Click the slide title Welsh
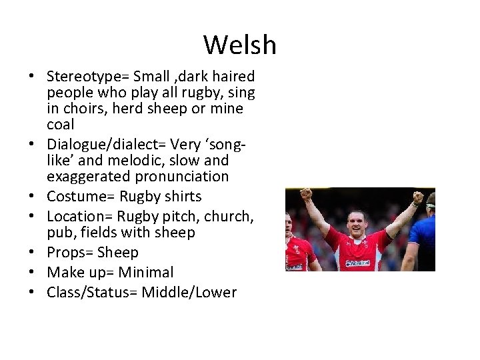click(239, 45)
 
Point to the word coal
click(60, 125)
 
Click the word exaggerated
click(89, 177)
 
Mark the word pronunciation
click(181, 177)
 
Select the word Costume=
click(81, 197)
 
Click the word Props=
click(70, 253)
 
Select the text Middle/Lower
click(189, 293)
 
